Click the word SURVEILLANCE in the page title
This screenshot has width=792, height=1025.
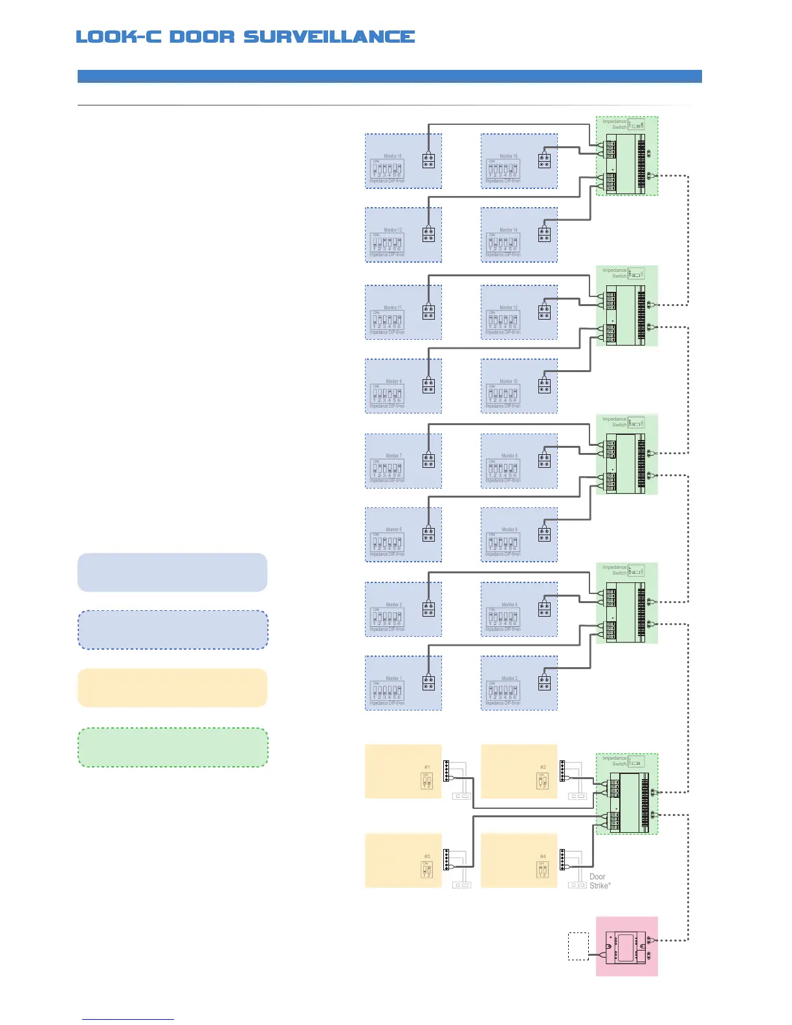329,37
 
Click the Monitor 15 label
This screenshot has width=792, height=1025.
393,156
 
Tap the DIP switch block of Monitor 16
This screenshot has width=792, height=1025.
503,170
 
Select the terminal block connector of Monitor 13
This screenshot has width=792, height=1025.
428,235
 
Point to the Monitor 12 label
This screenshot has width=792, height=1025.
509,307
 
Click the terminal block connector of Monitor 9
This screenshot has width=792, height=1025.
428,386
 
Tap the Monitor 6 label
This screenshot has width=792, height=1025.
509,529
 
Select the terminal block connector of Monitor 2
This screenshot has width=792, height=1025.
544,683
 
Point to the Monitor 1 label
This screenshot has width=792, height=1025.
393,678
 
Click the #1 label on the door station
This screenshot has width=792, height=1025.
427,767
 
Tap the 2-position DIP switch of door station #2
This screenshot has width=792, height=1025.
542,781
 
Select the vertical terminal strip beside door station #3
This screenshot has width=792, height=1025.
446,860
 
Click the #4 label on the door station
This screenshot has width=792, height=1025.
543,856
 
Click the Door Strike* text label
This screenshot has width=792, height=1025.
600,881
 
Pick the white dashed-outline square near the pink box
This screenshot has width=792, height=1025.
578,946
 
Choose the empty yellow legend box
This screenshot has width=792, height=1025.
172,688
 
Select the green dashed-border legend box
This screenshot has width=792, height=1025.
173,747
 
